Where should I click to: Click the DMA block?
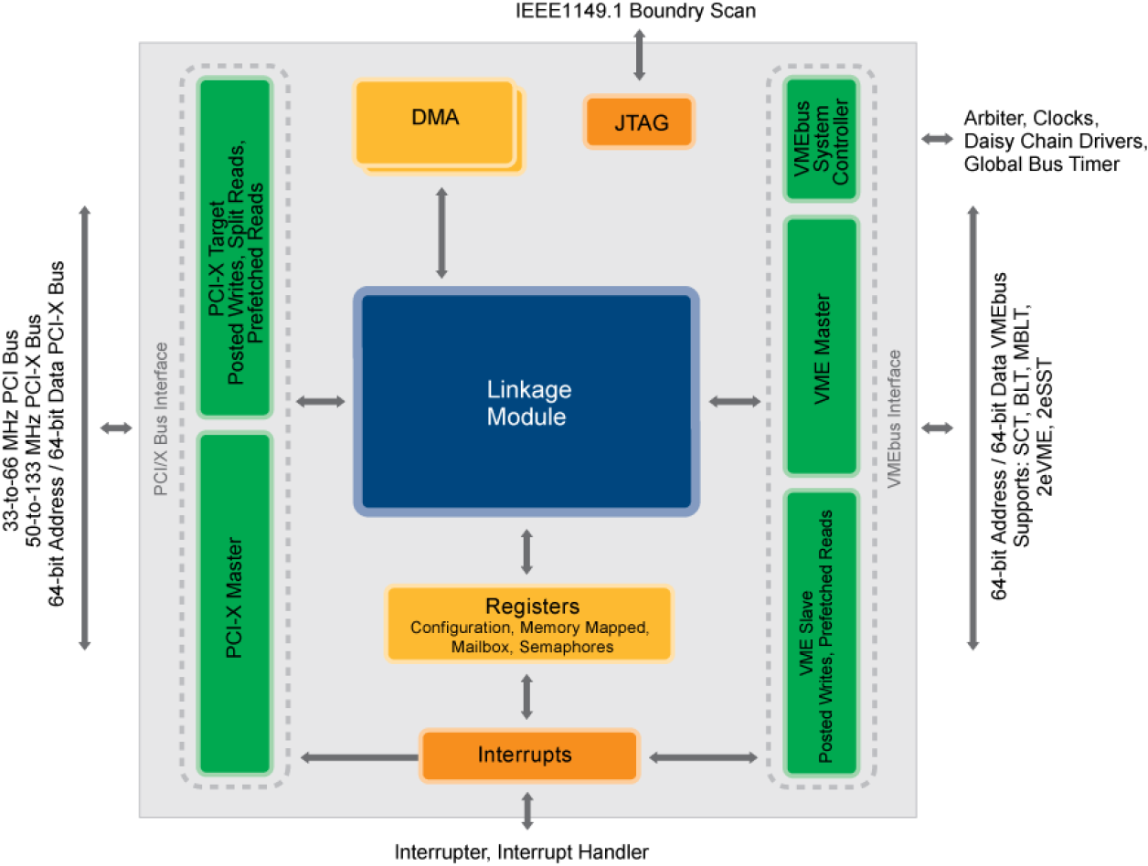tap(435, 122)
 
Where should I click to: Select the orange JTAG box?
tap(640, 121)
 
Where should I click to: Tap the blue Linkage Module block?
tap(526, 403)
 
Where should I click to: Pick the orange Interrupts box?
tap(528, 755)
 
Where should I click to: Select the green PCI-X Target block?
tap(235, 248)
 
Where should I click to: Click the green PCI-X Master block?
tap(235, 603)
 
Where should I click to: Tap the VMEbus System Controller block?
tap(821, 139)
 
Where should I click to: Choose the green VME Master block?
tap(821, 346)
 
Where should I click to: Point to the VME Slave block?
tap(821, 632)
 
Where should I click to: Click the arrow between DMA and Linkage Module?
tap(441, 232)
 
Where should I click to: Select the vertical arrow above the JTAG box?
tap(639, 54)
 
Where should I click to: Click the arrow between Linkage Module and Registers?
tap(526, 551)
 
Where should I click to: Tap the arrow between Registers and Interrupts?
tap(526, 696)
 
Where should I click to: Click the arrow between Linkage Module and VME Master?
tap(734, 401)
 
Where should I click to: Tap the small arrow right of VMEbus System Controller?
tap(936, 139)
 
